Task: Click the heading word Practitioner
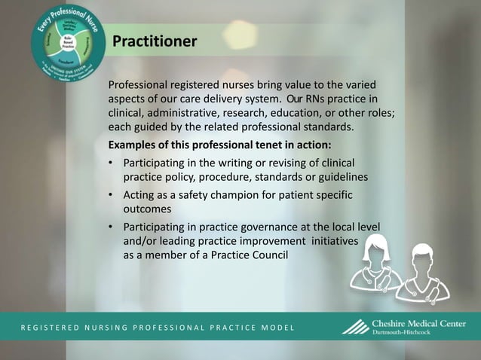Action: click(155, 41)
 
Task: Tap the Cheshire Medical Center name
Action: click(418, 324)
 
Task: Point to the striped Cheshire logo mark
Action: click(356, 328)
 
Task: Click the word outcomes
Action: click(148, 209)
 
